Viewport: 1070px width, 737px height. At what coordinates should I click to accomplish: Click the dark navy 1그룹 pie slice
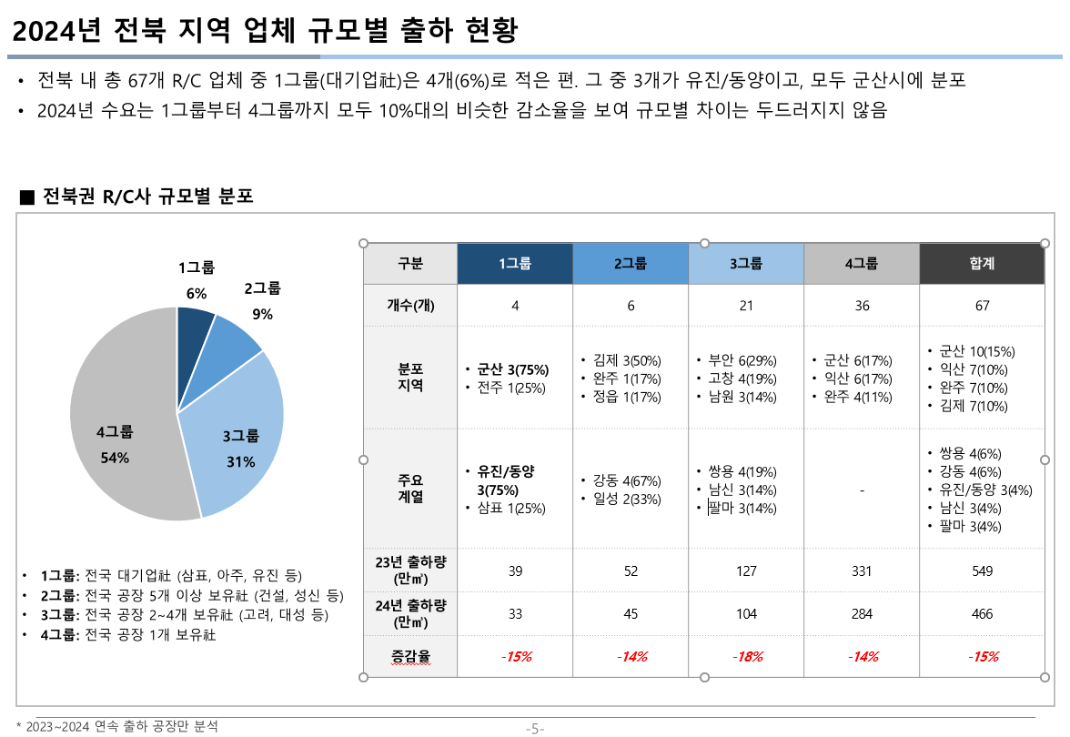tap(193, 329)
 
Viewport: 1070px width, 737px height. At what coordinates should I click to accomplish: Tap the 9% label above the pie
tap(262, 315)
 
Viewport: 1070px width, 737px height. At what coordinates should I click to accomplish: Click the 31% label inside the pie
tap(240, 461)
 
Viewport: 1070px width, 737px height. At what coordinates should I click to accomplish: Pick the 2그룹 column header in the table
tap(631, 264)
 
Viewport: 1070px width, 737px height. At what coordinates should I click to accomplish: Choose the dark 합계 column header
tap(982, 264)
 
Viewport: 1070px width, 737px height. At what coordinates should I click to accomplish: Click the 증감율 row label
tap(410, 656)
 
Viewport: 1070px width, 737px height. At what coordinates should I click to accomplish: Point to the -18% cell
tap(746, 656)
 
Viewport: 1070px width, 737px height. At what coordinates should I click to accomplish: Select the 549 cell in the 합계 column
tap(982, 571)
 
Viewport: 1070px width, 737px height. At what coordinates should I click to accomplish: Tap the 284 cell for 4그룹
tap(862, 614)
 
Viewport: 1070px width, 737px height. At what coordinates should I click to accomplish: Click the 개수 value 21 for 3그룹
tap(746, 306)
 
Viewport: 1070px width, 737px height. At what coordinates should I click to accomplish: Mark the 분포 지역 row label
tap(410, 378)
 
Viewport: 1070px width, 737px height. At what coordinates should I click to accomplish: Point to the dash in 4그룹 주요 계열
tap(862, 490)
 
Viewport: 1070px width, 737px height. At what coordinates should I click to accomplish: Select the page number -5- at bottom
tap(535, 728)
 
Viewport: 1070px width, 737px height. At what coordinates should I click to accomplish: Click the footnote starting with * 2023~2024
tap(117, 726)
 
